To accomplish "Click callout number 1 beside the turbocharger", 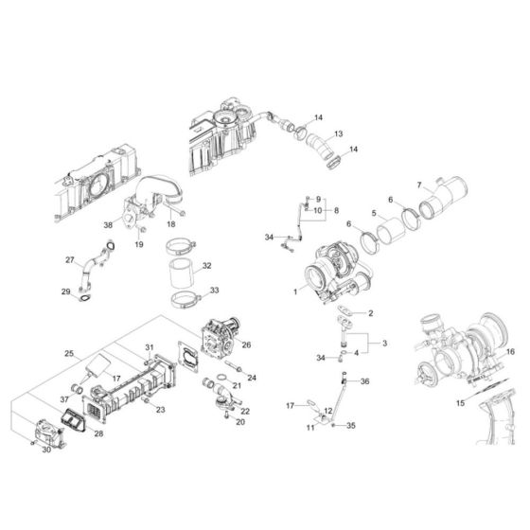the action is (295, 291).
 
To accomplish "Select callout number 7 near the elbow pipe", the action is (419, 185).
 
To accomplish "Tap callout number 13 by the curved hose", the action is (339, 133).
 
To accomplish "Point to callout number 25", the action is (69, 354).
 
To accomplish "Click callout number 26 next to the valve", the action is (246, 344).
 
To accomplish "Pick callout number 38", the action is (108, 225).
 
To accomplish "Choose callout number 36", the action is (364, 381).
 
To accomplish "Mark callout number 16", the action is (510, 352).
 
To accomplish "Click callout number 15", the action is (460, 403).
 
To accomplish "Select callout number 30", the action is (46, 450).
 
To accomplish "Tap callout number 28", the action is (98, 433).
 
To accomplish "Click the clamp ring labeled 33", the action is (186, 301).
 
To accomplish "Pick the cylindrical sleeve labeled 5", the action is (391, 231).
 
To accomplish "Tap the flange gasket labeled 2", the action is (344, 310).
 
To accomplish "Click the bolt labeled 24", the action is (233, 366).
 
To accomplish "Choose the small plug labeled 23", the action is (146, 401).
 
